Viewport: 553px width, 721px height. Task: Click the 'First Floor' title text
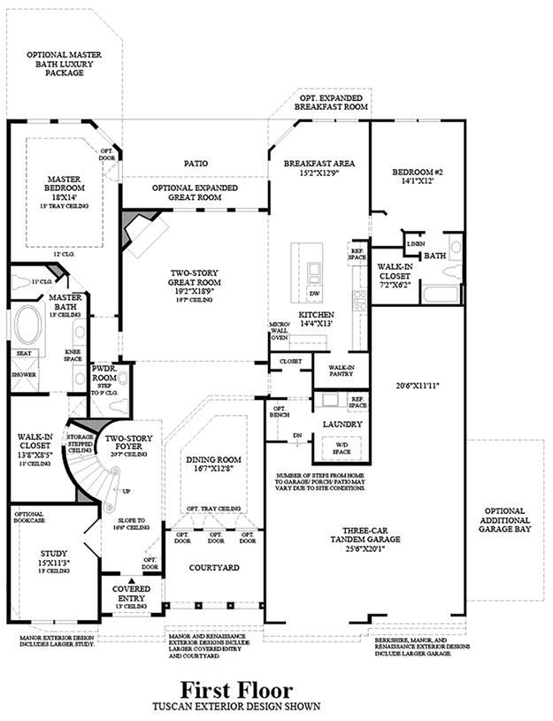(237, 688)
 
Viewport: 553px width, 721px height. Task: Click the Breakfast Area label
(319, 164)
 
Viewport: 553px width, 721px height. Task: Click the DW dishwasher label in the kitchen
(315, 293)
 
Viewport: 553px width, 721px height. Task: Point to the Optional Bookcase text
(29, 518)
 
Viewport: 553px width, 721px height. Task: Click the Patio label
(196, 164)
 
